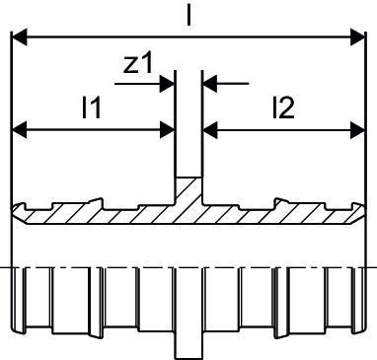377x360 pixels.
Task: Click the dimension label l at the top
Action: point(188,15)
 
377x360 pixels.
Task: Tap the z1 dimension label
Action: point(138,64)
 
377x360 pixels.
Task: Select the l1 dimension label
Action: point(91,108)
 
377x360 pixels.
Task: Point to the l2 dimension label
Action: point(283,108)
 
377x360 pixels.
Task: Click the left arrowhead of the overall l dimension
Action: point(19,37)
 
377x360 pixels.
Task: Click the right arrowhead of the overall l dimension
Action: point(357,37)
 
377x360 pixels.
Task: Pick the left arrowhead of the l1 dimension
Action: point(19,130)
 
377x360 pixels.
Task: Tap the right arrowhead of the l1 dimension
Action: point(167,130)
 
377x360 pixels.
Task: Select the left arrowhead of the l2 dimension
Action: point(210,130)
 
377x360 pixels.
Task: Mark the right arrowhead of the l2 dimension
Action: point(357,130)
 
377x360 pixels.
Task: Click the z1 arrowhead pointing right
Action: point(167,84)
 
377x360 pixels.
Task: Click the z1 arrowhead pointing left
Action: point(210,84)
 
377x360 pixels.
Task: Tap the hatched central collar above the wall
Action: point(188,190)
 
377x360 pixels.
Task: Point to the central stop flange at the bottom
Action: point(188,345)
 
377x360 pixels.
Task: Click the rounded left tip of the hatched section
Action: point(17,212)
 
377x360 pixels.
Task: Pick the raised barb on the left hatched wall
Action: point(96,202)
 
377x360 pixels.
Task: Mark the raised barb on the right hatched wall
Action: point(281,202)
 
